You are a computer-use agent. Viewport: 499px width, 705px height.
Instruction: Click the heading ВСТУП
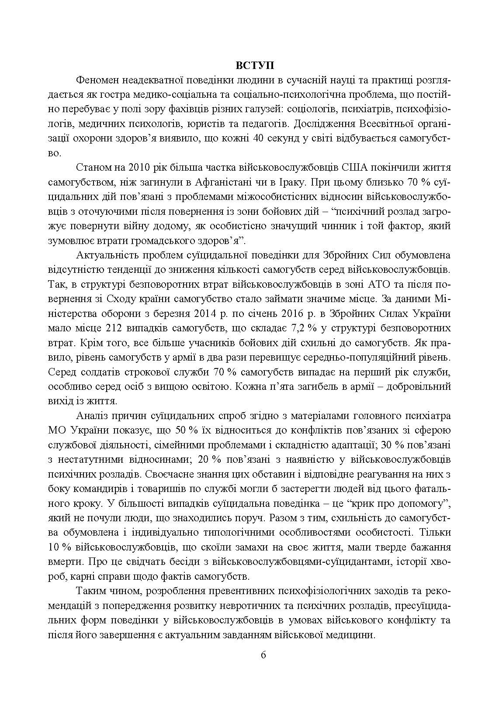pos(255,66)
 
